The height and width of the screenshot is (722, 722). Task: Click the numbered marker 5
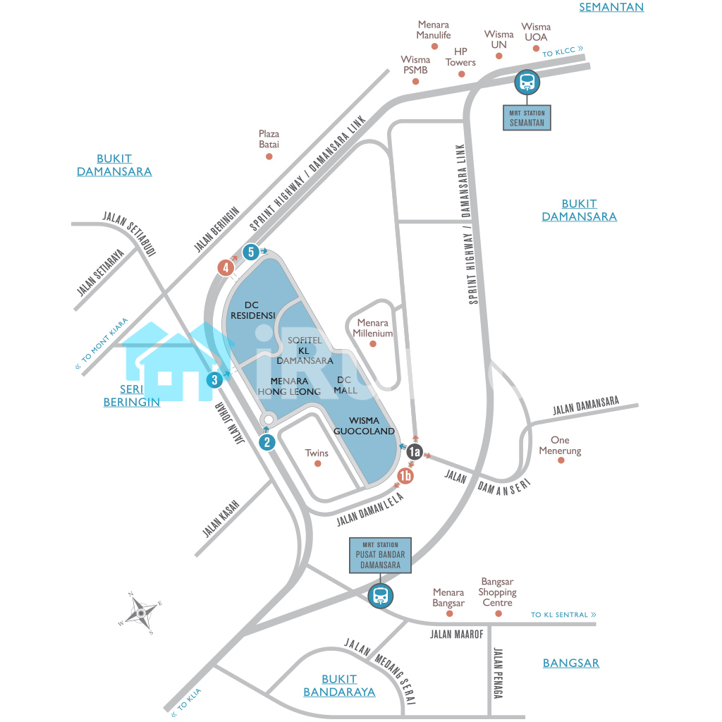point(250,252)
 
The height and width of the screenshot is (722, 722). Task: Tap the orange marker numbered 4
point(226,267)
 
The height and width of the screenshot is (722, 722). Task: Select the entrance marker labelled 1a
point(414,453)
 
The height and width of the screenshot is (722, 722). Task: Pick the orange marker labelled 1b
point(405,476)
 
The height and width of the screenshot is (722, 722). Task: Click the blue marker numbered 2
point(267,443)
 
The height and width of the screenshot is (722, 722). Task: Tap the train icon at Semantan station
point(527,83)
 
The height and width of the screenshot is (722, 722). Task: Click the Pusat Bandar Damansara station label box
point(381,555)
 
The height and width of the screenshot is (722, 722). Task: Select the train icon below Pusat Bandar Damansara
point(381,596)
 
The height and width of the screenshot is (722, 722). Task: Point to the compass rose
point(141,613)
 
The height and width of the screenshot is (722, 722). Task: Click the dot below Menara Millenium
point(373,344)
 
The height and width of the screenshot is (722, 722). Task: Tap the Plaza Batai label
point(269,139)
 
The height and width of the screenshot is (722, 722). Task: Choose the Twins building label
point(317,453)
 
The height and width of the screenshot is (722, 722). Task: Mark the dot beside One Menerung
point(561,460)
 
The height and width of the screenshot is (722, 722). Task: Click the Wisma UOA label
point(536,32)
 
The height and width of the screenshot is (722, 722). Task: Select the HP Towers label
point(460,57)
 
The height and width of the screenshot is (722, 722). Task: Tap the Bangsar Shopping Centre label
point(497,592)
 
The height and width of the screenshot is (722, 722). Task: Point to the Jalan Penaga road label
point(498,673)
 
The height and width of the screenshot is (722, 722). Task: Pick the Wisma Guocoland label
point(364,426)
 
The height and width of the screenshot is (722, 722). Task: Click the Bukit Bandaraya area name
point(339,685)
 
